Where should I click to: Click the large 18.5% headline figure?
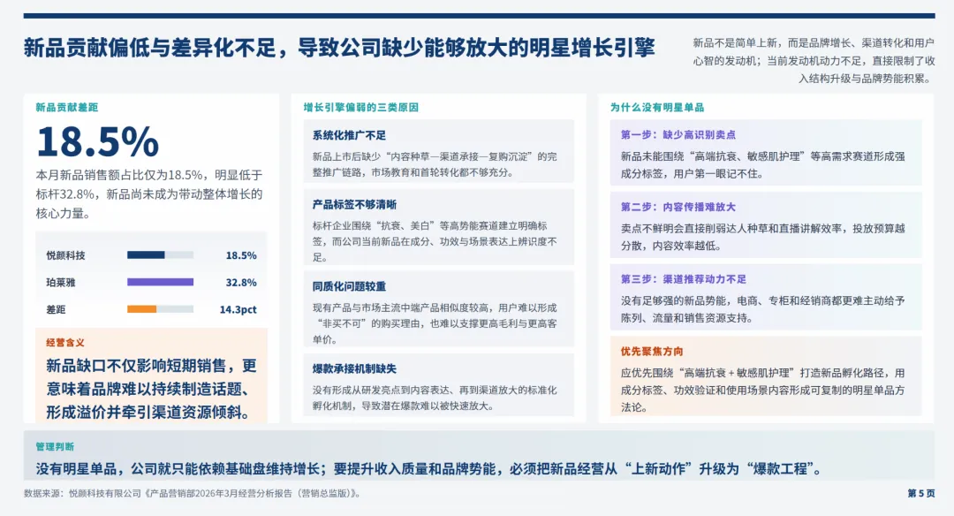pyautogui.click(x=97, y=142)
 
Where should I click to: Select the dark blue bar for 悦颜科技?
pyautogui.click(x=146, y=255)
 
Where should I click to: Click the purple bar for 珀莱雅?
pyautogui.click(x=160, y=282)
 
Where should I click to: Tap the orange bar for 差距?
pyautogui.click(x=141, y=309)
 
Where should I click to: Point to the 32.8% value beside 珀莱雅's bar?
pyautogui.click(x=241, y=283)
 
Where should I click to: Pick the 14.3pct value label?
pyautogui.click(x=238, y=310)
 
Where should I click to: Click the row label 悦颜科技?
pyautogui.click(x=66, y=255)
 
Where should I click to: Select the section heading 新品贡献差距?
pyautogui.click(x=67, y=107)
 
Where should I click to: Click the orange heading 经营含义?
pyautogui.click(x=65, y=342)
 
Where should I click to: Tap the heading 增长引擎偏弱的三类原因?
pyautogui.click(x=360, y=107)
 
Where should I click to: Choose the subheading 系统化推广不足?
pyautogui.click(x=349, y=135)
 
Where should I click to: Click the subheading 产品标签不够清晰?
pyautogui.click(x=354, y=204)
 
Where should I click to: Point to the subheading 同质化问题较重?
pyautogui.click(x=349, y=286)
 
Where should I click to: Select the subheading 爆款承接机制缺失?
pyautogui.click(x=354, y=368)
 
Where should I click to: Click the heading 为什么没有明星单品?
pyautogui.click(x=657, y=107)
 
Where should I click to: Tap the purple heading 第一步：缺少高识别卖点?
pyautogui.click(x=678, y=135)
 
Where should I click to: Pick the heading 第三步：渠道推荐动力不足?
pyautogui.click(x=684, y=278)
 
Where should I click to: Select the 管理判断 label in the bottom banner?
pyautogui.click(x=55, y=446)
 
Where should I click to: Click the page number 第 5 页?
pyautogui.click(x=920, y=493)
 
